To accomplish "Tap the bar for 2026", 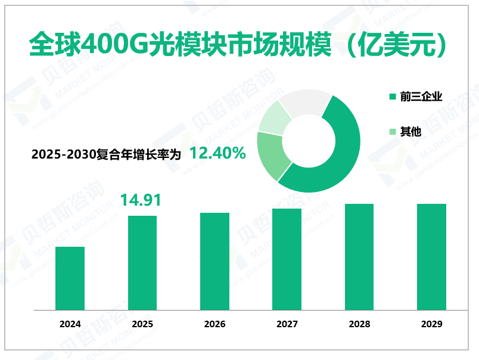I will pos(214,261).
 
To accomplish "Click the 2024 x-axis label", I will pos(70,324).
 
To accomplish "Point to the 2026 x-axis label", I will pos(214,324).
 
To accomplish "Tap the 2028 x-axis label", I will pos(359,324).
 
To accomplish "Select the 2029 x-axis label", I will pos(431,324).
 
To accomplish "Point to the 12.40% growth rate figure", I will pos(217,154).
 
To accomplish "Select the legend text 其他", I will pos(411,132).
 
